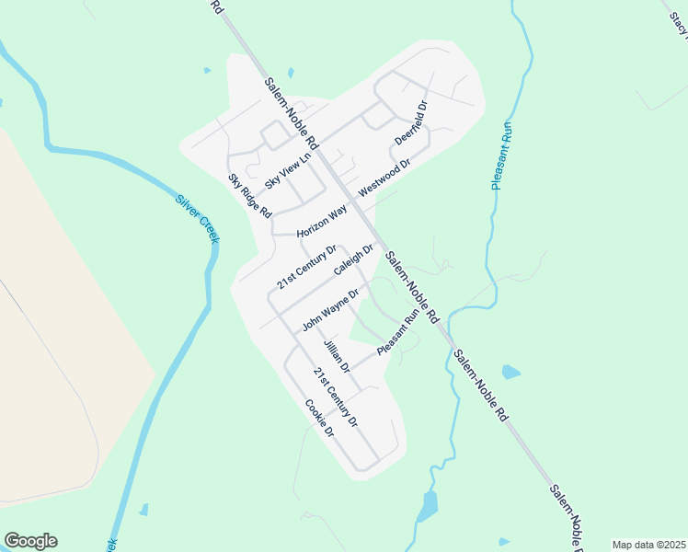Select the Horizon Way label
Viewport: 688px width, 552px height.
[x=321, y=222]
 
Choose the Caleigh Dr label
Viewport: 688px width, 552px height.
[x=353, y=259]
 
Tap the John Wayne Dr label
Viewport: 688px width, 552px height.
[x=329, y=310]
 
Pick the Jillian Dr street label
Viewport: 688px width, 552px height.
[x=337, y=355]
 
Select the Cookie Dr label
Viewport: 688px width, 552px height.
[x=318, y=418]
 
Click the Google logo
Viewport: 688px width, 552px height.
[x=30, y=541]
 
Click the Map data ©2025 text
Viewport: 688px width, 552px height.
[x=648, y=545]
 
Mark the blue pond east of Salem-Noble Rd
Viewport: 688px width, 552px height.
[x=510, y=373]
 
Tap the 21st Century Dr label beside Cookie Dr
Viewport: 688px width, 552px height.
[x=334, y=397]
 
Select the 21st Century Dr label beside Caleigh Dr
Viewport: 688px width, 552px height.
[x=307, y=267]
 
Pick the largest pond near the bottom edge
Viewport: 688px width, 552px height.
[x=428, y=505]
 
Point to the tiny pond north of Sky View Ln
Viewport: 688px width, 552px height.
[x=291, y=73]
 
